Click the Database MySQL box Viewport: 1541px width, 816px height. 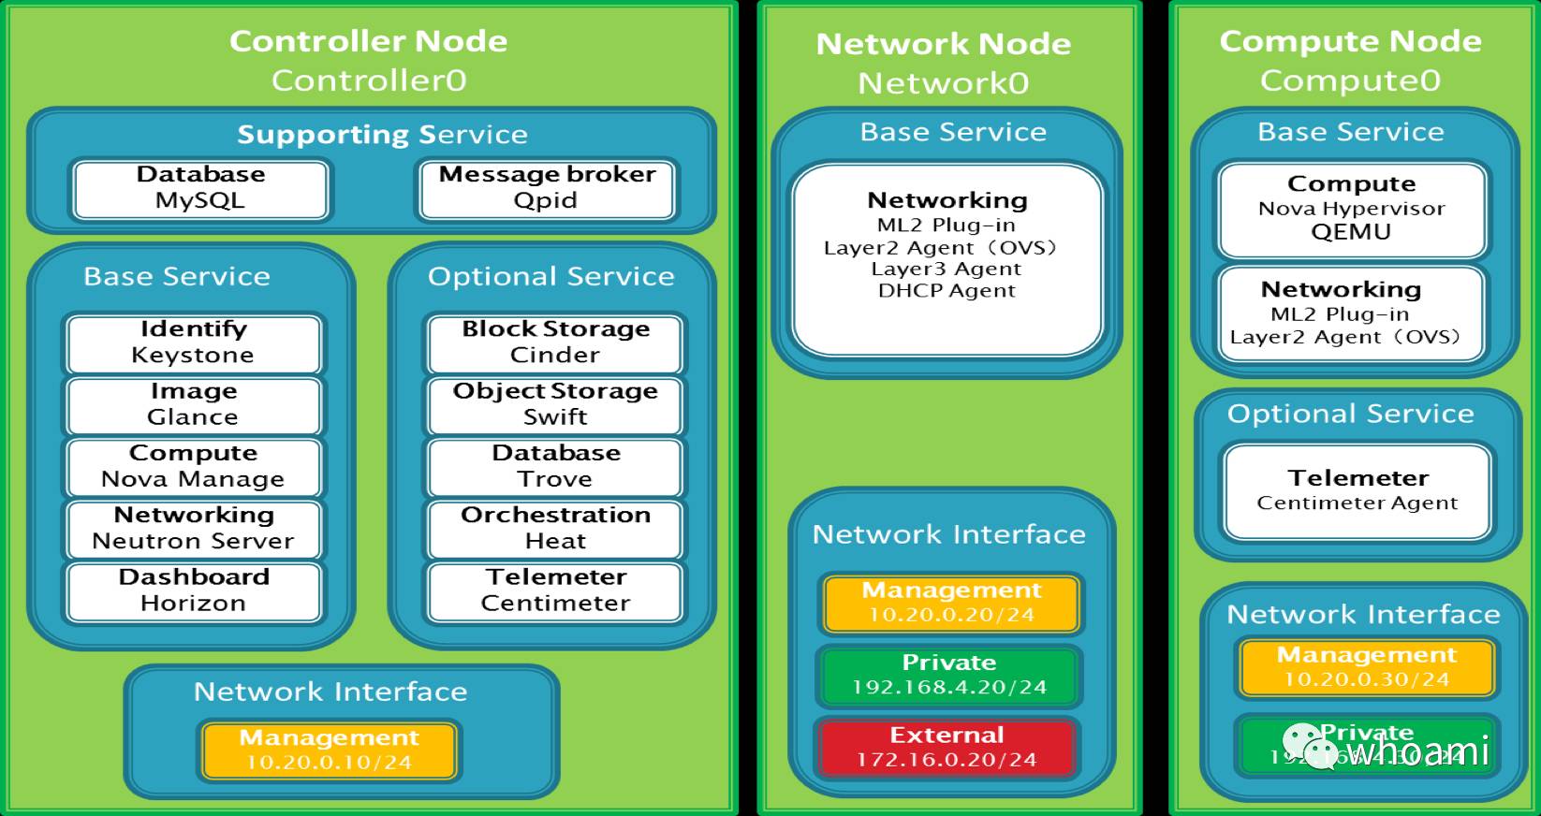pos(200,188)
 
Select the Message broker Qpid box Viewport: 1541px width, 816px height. pos(547,188)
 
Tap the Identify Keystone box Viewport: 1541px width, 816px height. pos(193,342)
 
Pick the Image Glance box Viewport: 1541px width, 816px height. pos(193,404)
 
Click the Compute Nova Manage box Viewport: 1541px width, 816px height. pos(193,466)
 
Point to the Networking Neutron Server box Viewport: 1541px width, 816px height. pos(193,528)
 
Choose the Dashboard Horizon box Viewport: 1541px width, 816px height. pos(193,590)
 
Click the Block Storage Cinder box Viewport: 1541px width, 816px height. pos(555,342)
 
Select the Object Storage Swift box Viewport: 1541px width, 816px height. pos(555,404)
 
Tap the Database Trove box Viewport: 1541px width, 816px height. pos(555,466)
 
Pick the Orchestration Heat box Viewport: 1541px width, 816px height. pos(555,528)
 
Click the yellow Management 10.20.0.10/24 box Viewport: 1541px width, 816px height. pos(329,750)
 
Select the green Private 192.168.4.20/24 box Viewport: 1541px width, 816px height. pos(948,675)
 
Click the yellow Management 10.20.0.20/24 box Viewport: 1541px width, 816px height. pos(950,603)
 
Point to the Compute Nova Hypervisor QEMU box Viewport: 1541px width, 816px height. pos(1351,209)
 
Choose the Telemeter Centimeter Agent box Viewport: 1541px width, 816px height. pos(1358,491)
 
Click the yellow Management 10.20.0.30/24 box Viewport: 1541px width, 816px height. pos(1366,667)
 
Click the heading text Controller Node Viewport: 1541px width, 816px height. pos(368,41)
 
